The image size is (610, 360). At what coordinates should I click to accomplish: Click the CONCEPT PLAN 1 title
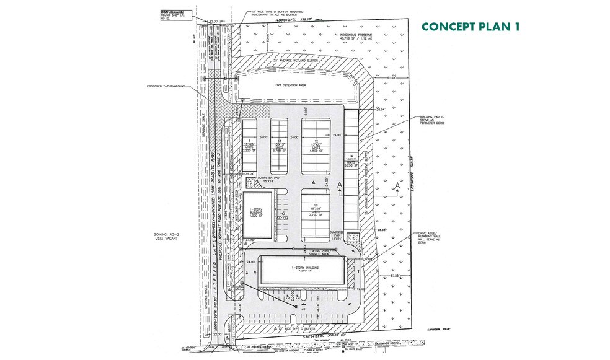pyautogui.click(x=470, y=27)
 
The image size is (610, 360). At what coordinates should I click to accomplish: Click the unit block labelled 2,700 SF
pyautogui.click(x=280, y=146)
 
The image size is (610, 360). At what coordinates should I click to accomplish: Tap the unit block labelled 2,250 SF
pyautogui.click(x=249, y=146)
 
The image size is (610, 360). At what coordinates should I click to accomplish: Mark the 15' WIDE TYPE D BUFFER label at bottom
pyautogui.click(x=298, y=325)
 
